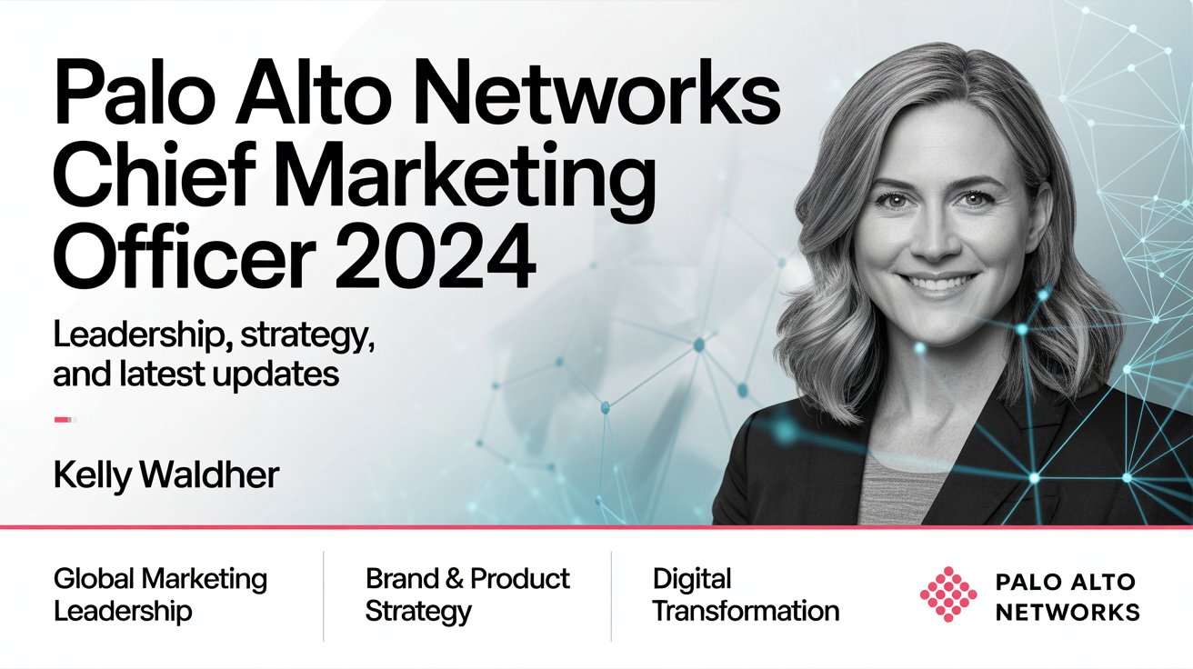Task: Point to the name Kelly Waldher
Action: pyautogui.click(x=166, y=475)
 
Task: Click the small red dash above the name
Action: pyautogui.click(x=64, y=420)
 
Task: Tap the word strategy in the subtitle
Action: pyautogui.click(x=307, y=338)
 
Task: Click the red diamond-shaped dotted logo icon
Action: pyautogui.click(x=948, y=594)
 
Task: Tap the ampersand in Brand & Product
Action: pyautogui.click(x=454, y=578)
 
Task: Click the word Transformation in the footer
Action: pyautogui.click(x=747, y=611)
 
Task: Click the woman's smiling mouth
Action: pyautogui.click(x=938, y=283)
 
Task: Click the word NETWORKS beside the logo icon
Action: pyautogui.click(x=1067, y=612)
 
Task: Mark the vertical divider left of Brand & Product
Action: pyautogui.click(x=324, y=596)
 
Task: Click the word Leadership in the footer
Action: pyautogui.click(x=123, y=612)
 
